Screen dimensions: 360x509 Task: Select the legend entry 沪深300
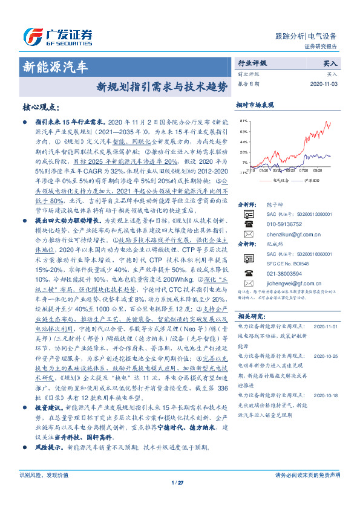(x=309, y=180)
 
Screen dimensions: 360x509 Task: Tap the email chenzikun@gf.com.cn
(x=289, y=234)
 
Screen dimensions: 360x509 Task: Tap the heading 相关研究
(x=251, y=316)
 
